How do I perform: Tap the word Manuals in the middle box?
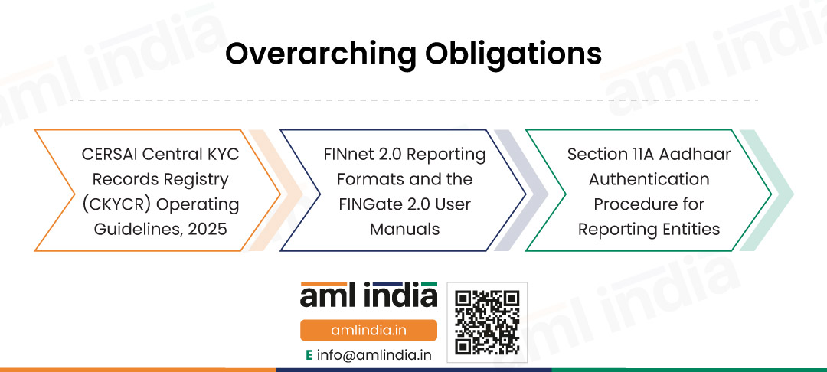[x=404, y=229]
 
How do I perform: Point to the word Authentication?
[x=649, y=179]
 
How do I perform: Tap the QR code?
[x=487, y=322]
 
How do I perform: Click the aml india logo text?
[x=368, y=297]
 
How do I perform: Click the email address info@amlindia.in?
[x=374, y=355]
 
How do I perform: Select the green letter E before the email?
[x=309, y=355]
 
